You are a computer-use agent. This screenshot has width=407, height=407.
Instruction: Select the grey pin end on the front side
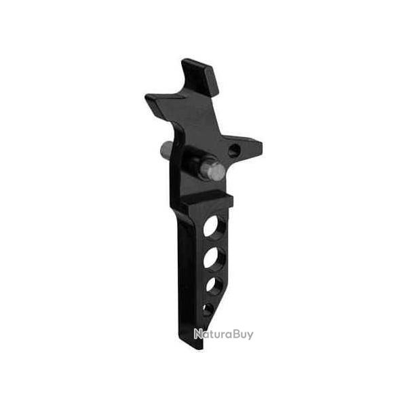[216, 170]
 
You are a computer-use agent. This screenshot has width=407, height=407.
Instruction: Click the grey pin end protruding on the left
[166, 147]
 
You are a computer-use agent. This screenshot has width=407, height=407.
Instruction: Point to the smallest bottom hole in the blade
[208, 309]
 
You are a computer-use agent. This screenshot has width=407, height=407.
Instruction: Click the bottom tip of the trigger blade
[197, 346]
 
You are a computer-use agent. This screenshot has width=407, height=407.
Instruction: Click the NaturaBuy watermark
[224, 334]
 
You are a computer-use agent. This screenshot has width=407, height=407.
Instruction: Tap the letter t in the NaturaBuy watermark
[212, 334]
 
